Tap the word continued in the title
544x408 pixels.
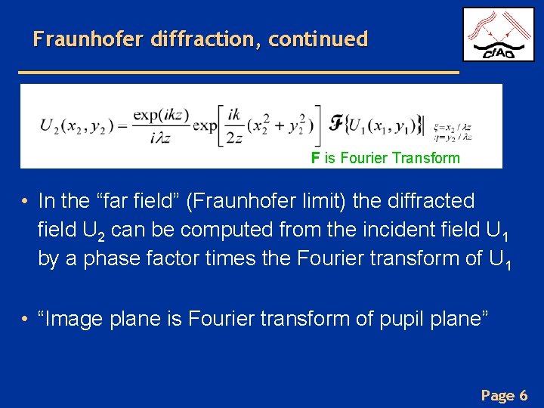pos(317,39)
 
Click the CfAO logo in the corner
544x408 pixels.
pos(499,35)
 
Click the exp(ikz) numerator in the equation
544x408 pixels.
pos(162,115)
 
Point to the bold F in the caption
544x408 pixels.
pos(315,158)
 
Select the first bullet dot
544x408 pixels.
pos(25,202)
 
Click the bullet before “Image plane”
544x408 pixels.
pos(25,320)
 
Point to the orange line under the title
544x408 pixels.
pos(238,71)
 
